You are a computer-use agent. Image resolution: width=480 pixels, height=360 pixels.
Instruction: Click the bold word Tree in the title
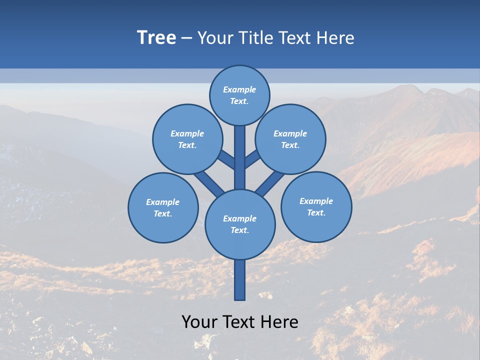(x=156, y=38)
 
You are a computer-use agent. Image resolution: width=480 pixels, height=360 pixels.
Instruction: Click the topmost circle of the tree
(x=239, y=95)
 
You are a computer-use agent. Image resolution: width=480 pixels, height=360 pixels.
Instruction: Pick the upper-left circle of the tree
(x=187, y=139)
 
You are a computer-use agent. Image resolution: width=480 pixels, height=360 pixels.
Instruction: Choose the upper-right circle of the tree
(x=290, y=139)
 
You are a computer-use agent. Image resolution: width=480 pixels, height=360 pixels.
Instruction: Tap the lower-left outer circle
(x=163, y=207)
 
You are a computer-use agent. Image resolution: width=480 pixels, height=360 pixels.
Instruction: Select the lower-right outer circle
(x=316, y=206)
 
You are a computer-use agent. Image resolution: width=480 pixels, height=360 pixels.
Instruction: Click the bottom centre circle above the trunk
(x=240, y=224)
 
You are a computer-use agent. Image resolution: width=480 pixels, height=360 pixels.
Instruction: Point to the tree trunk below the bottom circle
(x=240, y=280)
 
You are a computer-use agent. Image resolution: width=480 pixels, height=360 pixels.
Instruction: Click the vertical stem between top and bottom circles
(x=240, y=157)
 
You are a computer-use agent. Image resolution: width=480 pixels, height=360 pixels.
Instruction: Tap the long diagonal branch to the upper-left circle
(x=209, y=182)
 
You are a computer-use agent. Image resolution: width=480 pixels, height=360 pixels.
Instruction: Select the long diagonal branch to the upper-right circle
(x=270, y=183)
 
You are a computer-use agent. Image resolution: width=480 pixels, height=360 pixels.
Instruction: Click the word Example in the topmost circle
(x=239, y=89)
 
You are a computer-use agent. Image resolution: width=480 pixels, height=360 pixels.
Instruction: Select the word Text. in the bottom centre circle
(x=239, y=230)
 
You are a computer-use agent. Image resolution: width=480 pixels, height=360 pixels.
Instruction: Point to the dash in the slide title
(x=186, y=38)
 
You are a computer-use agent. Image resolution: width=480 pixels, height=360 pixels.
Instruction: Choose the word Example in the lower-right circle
(x=316, y=201)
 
